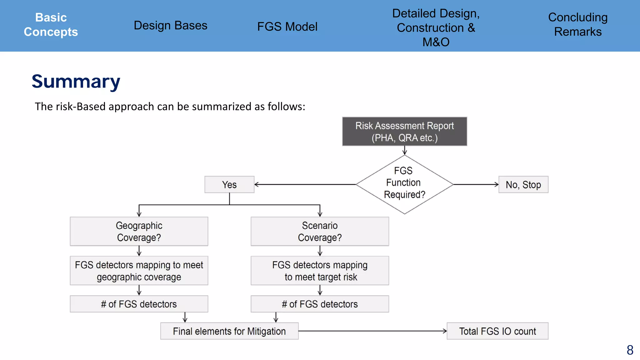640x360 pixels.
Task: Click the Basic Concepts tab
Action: coord(51,25)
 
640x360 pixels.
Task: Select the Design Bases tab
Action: coord(170,26)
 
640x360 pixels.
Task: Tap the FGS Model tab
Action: coord(287,27)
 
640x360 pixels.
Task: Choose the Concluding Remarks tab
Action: coord(577,25)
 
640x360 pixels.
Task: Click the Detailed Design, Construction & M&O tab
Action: coord(436,27)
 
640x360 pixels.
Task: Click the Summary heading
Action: coord(76,82)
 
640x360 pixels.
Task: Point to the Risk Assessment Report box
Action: coord(404,132)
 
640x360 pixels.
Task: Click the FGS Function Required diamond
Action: coord(404,184)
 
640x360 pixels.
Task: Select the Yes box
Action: coord(229,185)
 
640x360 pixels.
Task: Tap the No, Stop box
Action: coord(523,185)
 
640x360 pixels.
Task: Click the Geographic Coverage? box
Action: coord(139,232)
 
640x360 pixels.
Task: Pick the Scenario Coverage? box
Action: coord(320,232)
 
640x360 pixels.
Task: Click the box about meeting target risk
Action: coord(320,271)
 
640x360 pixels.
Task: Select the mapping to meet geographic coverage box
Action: coord(139,271)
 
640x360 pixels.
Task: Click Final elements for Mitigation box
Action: coord(229,331)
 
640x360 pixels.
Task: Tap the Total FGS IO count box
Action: coord(497,331)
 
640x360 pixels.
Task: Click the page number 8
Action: coord(630,350)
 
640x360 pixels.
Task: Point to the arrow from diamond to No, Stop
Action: coord(476,185)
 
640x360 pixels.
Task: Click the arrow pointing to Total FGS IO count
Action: coord(372,331)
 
